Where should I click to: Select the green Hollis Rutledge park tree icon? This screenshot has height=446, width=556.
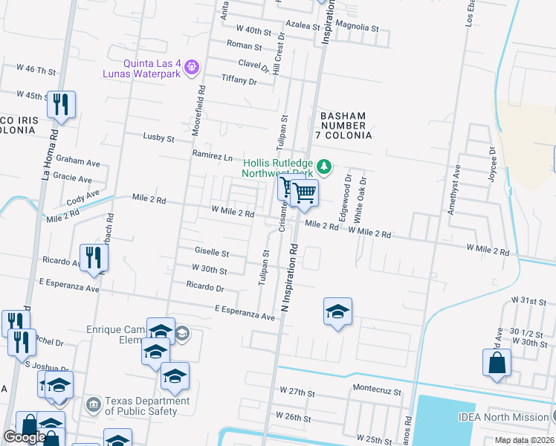(x=323, y=165)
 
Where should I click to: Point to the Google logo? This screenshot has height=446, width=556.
(x=25, y=437)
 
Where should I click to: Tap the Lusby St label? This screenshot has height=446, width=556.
(x=158, y=138)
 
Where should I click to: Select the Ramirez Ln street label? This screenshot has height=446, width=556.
(x=213, y=155)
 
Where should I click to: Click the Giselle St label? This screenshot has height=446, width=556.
(x=212, y=253)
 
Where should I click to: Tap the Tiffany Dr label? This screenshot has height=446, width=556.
(x=239, y=80)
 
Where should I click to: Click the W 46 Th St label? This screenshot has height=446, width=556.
(x=36, y=70)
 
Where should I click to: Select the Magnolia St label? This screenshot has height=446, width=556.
(x=358, y=27)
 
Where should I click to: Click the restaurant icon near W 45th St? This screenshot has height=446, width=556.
(x=60, y=104)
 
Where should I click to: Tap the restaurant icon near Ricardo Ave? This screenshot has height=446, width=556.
(x=94, y=257)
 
